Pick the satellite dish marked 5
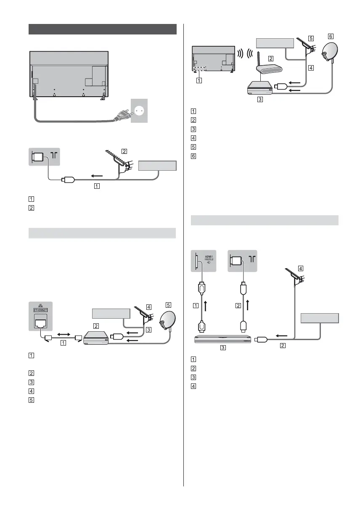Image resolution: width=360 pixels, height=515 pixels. point(167,320)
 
